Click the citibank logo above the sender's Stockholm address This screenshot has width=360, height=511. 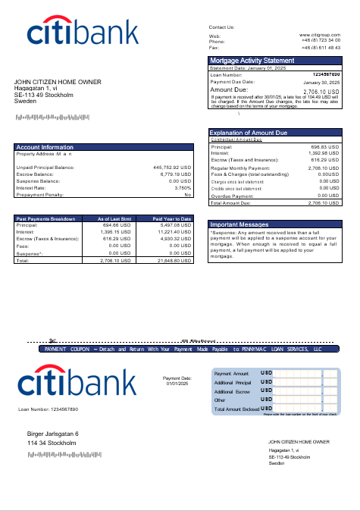pyautogui.click(x=83, y=32)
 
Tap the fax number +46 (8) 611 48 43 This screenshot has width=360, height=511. pyautogui.click(x=321, y=47)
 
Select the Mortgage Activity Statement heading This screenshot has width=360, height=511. pyautogui.click(x=252, y=61)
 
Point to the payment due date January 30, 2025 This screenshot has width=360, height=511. pyautogui.click(x=322, y=82)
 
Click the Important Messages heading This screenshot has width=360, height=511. pyautogui.click(x=239, y=225)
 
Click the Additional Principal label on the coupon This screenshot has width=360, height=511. pyautogui.click(x=232, y=383)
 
